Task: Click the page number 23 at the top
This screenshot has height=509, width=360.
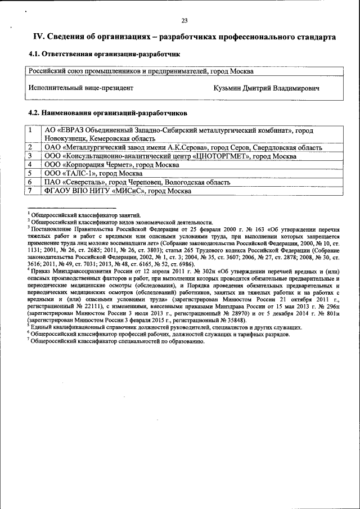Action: pyautogui.click(x=184, y=21)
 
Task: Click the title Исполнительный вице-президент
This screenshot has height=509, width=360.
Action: pyautogui.click(x=81, y=88)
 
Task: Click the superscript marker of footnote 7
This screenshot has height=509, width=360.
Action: pyautogui.click(x=28, y=339)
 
